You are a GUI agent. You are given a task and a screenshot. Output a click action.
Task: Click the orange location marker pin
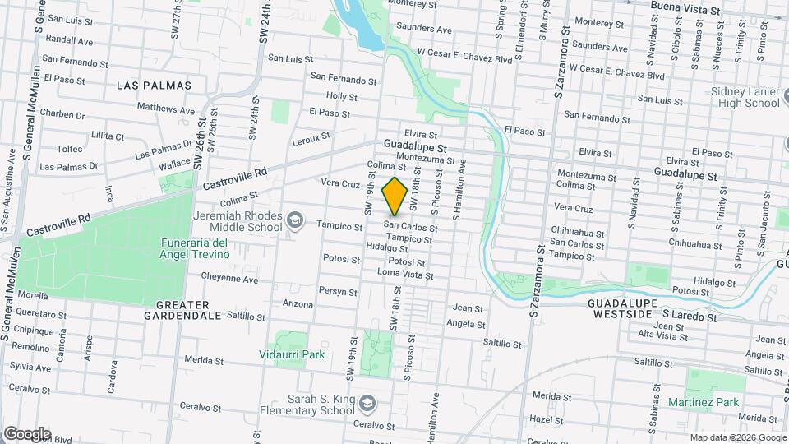tap(395, 196)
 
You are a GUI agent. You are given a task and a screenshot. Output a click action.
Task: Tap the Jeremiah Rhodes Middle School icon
tap(294, 221)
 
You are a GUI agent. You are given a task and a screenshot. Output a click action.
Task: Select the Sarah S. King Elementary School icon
tap(367, 403)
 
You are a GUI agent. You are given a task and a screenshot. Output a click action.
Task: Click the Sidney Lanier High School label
tap(745, 97)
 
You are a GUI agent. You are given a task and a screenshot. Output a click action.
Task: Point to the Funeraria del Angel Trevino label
tap(194, 248)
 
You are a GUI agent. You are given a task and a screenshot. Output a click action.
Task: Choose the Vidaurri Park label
tap(292, 354)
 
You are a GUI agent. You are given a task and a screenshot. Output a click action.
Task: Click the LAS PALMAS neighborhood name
tap(154, 86)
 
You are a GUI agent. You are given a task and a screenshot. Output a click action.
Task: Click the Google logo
tap(27, 433)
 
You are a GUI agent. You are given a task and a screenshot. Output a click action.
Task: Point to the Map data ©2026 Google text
tap(737, 437)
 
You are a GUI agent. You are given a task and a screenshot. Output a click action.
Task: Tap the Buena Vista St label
tap(685, 7)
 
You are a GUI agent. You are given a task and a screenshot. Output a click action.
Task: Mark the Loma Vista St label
tap(404, 275)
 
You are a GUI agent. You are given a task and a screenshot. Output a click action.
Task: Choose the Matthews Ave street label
tap(166, 109)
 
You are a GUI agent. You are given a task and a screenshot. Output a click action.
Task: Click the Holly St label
tap(342, 96)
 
